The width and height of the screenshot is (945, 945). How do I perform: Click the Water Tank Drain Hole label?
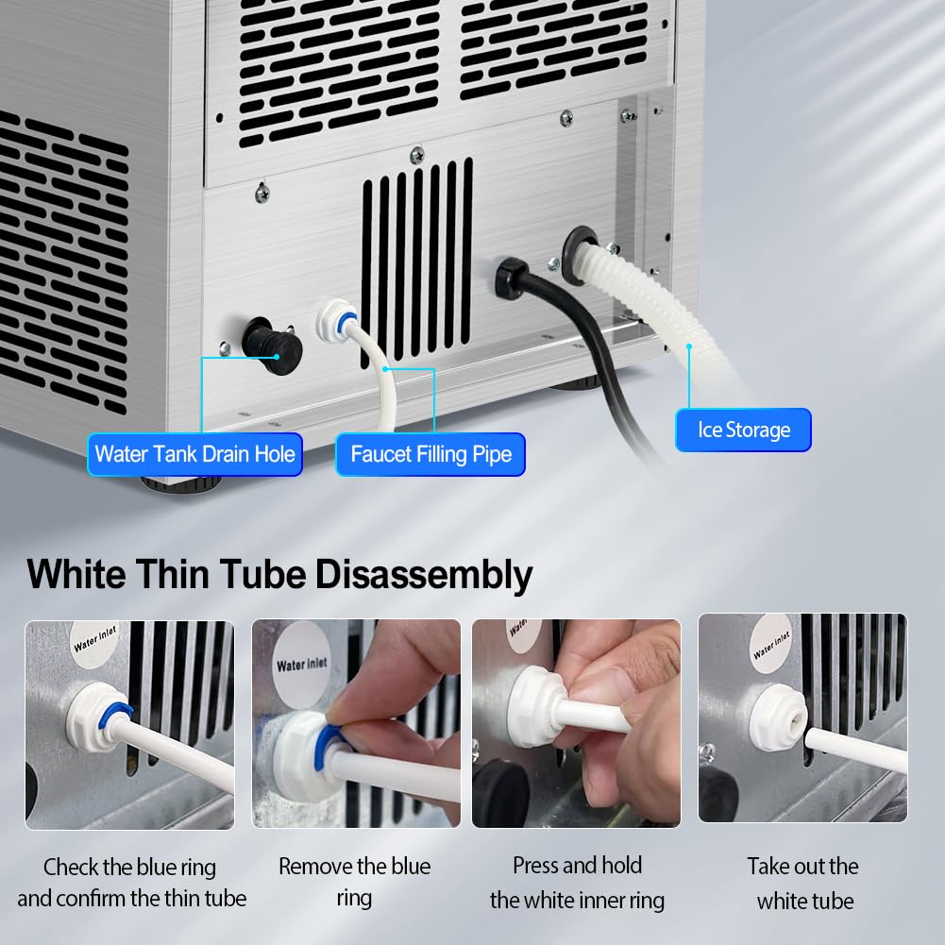pyautogui.click(x=194, y=454)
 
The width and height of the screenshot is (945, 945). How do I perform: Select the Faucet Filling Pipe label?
pyautogui.click(x=430, y=454)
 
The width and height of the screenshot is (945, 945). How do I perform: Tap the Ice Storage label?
pyautogui.click(x=743, y=430)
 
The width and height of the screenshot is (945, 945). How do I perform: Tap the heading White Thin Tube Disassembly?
pyautogui.click(x=279, y=574)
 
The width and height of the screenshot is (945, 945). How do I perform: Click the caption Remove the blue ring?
pyautogui.click(x=354, y=881)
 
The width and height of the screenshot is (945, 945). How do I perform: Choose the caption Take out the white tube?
pyautogui.click(x=803, y=883)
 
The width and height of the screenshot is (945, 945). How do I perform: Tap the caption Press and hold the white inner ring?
pyautogui.click(x=577, y=883)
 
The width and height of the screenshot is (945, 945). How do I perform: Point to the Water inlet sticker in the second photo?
pyautogui.click(x=302, y=665)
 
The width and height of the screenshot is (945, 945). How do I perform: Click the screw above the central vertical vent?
pyautogui.click(x=416, y=154)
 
